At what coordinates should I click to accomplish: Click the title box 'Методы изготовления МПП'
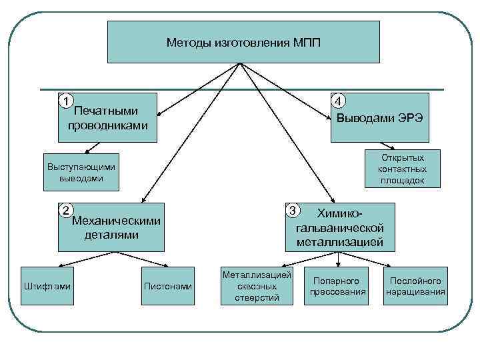click(243, 42)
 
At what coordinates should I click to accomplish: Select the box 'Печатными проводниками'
click(107, 118)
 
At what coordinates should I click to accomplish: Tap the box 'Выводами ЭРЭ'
click(379, 118)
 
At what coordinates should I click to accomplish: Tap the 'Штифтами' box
click(48, 286)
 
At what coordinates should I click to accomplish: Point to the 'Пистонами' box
click(168, 286)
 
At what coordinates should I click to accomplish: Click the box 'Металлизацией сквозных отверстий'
click(257, 286)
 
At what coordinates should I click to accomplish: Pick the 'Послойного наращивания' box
click(416, 286)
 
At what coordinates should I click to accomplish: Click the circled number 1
click(65, 101)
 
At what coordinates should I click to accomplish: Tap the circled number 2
click(65, 211)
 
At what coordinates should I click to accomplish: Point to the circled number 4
click(339, 101)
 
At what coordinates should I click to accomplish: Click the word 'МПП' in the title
click(306, 43)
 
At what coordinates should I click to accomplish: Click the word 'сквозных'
click(257, 286)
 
